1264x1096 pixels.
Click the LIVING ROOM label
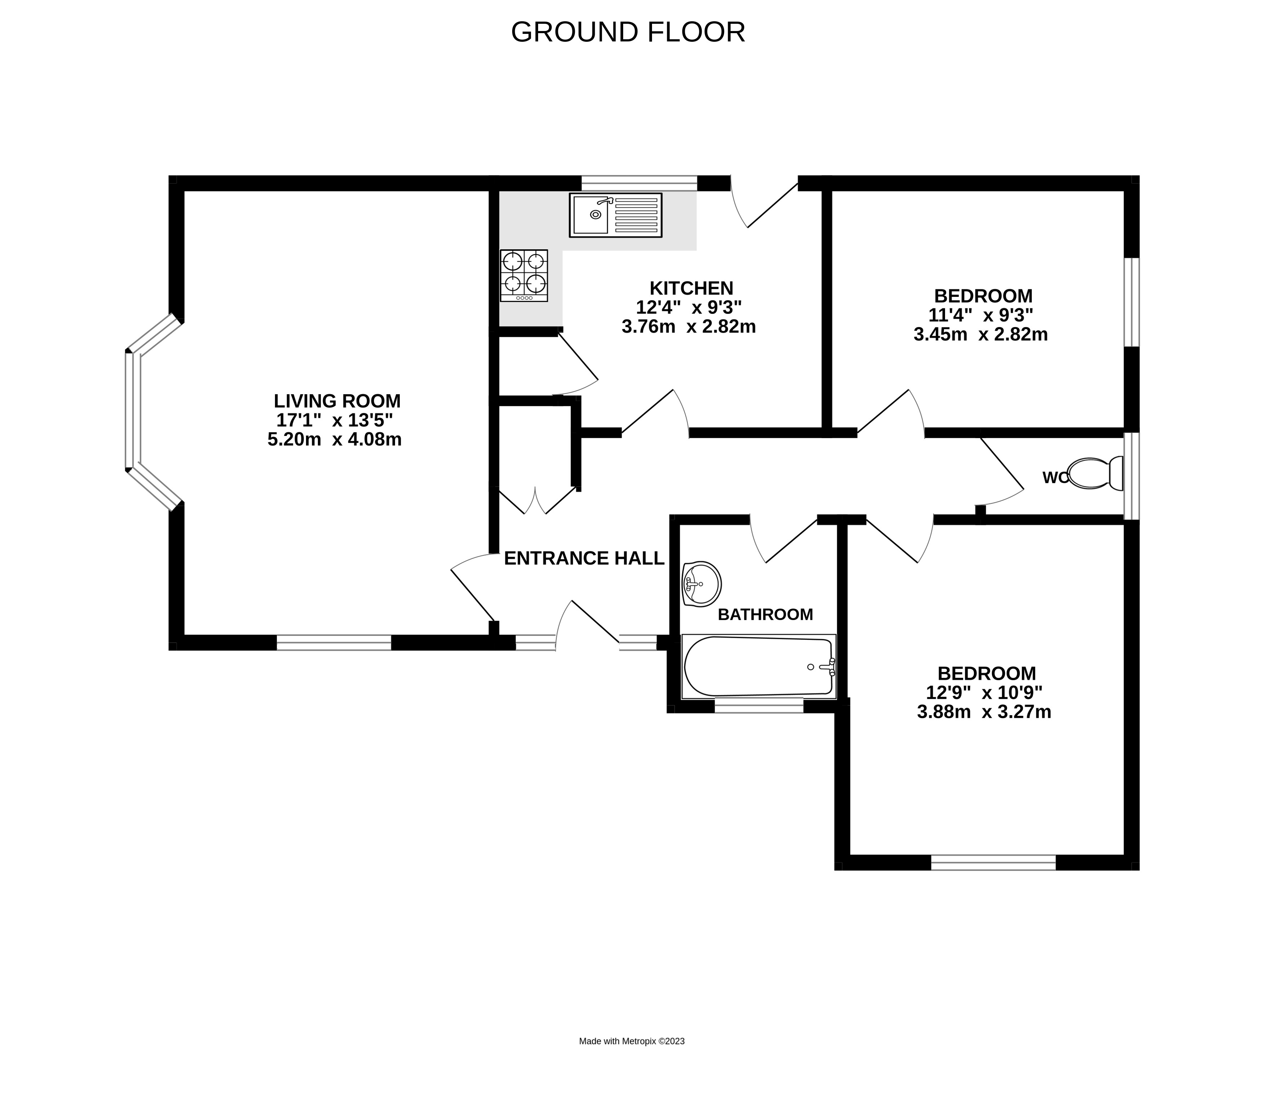[337, 401]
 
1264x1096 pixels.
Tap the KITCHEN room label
[691, 288]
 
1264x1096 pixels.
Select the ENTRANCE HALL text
[584, 558]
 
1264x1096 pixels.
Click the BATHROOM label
[766, 615]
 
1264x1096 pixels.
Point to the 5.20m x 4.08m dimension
[335, 440]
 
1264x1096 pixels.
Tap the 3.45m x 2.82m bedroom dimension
[981, 335]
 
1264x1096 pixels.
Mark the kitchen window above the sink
[639, 183]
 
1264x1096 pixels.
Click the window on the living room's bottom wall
[334, 642]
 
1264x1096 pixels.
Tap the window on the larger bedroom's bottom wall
[994, 863]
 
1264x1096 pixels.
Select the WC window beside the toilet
[1132, 476]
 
